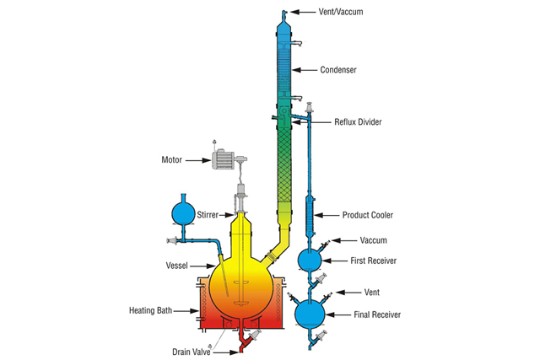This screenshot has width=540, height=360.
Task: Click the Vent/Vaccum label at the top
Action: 345,12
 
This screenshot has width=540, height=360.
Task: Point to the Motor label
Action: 172,159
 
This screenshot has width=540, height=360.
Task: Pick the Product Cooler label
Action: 368,215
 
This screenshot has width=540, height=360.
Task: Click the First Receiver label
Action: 373,261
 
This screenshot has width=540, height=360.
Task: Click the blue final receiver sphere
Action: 311,313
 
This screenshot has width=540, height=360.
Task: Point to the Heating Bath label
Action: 150,309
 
